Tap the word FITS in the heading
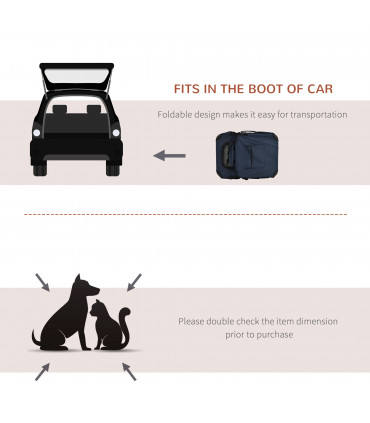pos(192,89)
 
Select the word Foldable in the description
pos(174,115)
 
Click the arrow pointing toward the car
pos(169,156)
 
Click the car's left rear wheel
pos(40,170)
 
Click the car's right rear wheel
pos(113,170)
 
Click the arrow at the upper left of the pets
pos(43,282)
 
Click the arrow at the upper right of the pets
pos(133,281)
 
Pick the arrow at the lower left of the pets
pos(42,372)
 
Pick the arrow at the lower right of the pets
pos(129,371)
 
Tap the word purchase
pos(274,335)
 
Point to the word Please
pos(191,322)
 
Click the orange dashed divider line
pos(185,214)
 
